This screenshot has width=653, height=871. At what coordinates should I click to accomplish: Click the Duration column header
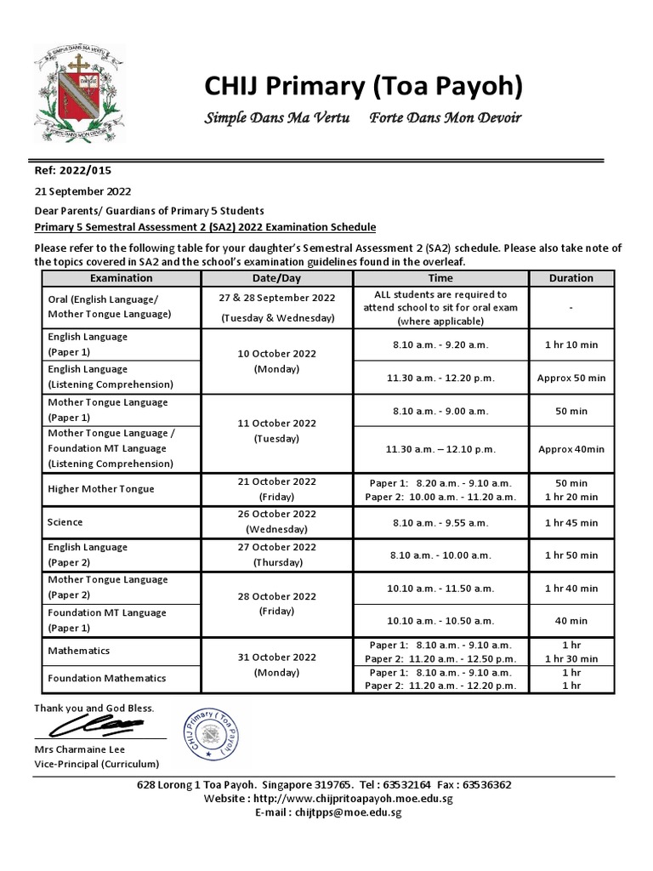[571, 278]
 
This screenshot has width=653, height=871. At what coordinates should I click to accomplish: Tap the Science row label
[65, 521]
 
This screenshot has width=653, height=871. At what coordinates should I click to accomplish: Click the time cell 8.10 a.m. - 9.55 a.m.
[440, 521]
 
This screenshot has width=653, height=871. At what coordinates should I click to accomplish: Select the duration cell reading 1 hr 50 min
[571, 555]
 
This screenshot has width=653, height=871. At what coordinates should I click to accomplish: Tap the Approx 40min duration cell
[571, 449]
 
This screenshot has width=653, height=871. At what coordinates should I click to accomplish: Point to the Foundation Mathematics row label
[107, 679]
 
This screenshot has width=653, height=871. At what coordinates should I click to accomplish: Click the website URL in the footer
[353, 799]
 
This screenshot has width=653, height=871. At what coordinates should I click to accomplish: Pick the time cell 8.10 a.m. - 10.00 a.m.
[440, 555]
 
